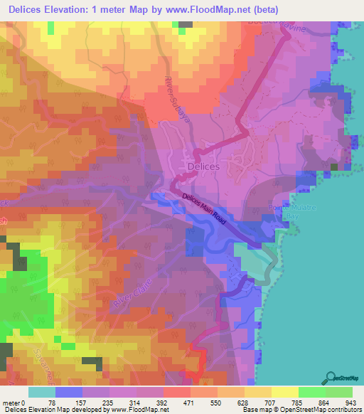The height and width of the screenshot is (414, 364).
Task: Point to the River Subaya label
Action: coord(175,99)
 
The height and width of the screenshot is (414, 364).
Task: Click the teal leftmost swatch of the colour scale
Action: coord(42,392)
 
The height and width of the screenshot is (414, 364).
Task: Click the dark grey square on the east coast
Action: coord(333,168)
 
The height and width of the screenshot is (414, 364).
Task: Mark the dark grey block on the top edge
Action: coord(186,23)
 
